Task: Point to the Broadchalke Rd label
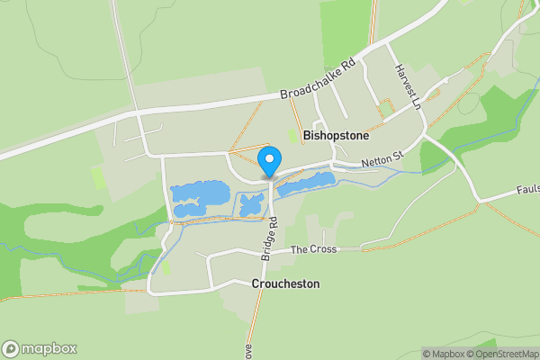click(x=319, y=80)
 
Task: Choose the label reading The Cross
click(x=313, y=248)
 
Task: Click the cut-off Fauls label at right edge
click(x=527, y=190)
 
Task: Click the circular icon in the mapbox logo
click(x=11, y=349)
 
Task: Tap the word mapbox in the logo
click(x=49, y=349)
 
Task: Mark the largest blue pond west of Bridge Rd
click(x=200, y=193)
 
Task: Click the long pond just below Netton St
click(x=305, y=184)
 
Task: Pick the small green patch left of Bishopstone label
click(x=291, y=136)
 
